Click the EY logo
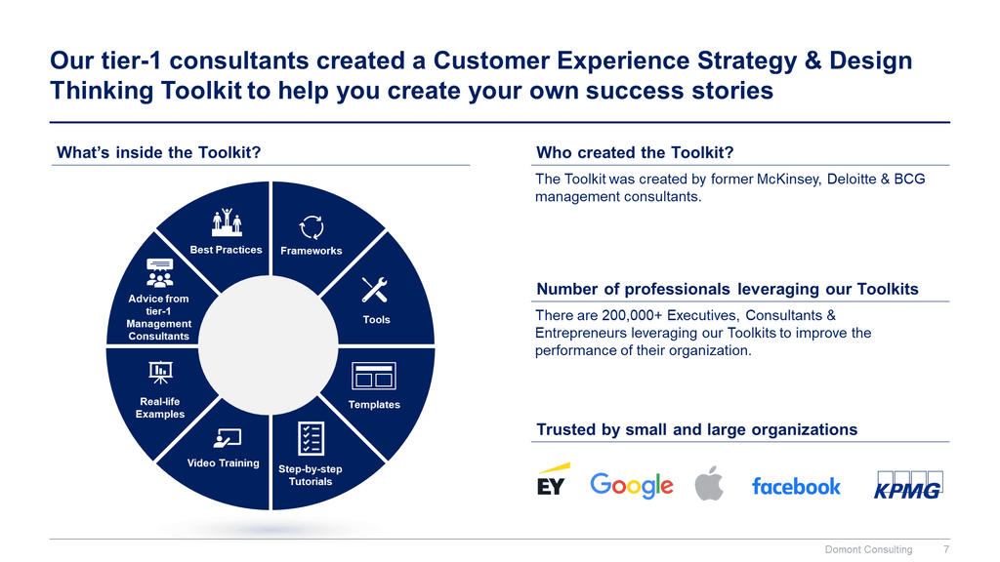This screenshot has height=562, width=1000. pos(552,480)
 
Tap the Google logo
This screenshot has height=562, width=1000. pos(632,486)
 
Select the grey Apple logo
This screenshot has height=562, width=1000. pos(709,483)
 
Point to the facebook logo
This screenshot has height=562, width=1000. pos(796,486)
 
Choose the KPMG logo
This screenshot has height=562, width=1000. pos(908,485)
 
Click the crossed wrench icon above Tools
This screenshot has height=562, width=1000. pos(374,289)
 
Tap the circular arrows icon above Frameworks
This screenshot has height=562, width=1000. pos(312,227)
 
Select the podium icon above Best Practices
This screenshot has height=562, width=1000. pos(227,222)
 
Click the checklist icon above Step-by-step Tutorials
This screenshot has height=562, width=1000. pos(311,438)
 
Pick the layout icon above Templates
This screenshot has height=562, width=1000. pos(374,376)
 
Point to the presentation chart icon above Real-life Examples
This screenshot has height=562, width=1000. pos(160,372)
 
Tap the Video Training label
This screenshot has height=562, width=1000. pos(224,463)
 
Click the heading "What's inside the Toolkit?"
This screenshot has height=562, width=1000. pos(159,153)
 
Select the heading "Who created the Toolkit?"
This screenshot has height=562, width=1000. pos(635,153)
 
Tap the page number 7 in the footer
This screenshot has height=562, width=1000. pos(946,549)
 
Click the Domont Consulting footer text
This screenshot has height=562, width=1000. pos(868,549)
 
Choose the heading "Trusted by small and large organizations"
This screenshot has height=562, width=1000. pos(696,430)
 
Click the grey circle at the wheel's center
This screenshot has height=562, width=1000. pos(269,344)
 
